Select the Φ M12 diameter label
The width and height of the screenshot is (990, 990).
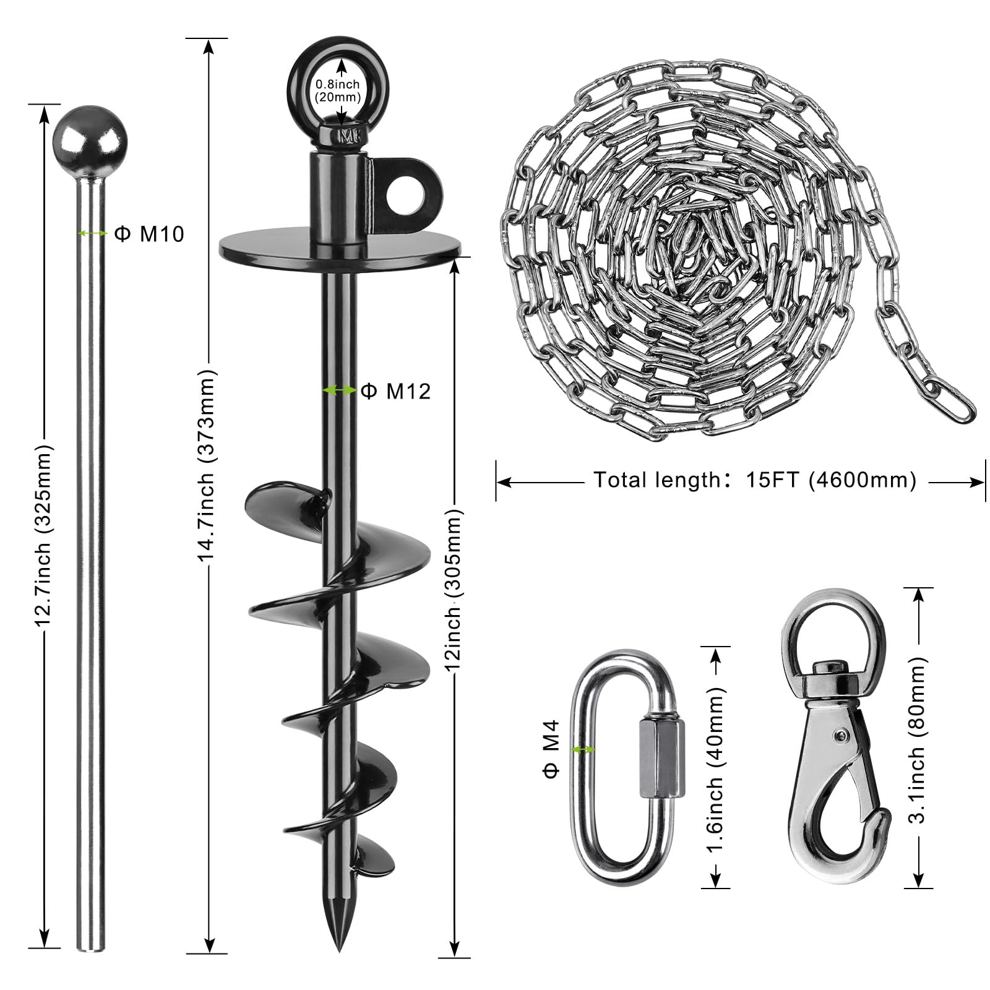point(395,390)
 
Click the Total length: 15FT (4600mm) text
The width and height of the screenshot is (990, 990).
point(755,480)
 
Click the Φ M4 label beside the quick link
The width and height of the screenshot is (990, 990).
point(551,749)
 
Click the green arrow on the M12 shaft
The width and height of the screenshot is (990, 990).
point(339,390)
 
